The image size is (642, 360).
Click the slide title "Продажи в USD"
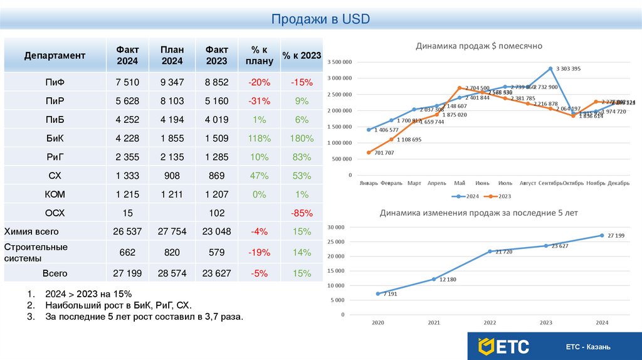(x=320, y=19)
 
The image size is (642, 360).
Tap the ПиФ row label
(x=55, y=82)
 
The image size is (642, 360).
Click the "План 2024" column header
(x=171, y=55)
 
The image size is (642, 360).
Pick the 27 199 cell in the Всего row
(x=127, y=273)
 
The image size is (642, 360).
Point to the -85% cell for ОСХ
(x=301, y=213)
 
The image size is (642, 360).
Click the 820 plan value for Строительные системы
(x=171, y=252)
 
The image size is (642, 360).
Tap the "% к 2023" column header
(x=301, y=55)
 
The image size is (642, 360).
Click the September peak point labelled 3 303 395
(x=550, y=68)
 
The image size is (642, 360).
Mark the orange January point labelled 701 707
(x=369, y=152)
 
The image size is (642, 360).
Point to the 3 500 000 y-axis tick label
(x=339, y=62)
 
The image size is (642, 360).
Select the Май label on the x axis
(x=460, y=183)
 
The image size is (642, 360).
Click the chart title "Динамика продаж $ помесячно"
(x=479, y=46)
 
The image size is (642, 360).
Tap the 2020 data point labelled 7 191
(x=377, y=294)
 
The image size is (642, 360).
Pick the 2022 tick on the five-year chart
(x=490, y=322)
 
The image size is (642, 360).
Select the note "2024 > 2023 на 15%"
(x=88, y=294)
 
